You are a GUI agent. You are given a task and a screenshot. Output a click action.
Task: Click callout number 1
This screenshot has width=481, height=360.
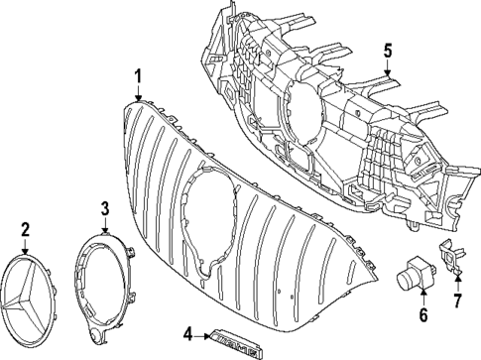tap(139, 74)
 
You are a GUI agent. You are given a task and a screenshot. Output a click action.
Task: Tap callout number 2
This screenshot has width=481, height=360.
tap(25, 229)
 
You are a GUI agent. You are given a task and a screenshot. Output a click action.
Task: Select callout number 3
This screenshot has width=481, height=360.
tap(105, 208)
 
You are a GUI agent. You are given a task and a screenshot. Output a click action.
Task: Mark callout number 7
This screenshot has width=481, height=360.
tap(457, 300)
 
